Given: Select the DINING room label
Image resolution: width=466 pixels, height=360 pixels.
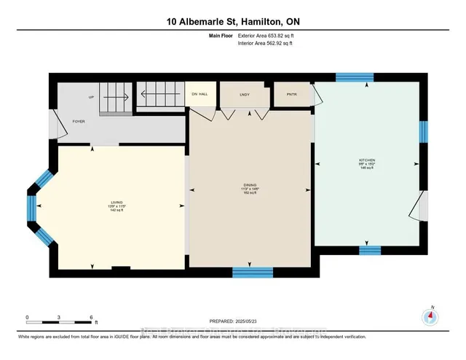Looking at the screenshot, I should point(250,187).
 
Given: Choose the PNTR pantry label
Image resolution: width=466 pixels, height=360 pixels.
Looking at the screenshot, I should point(291,94).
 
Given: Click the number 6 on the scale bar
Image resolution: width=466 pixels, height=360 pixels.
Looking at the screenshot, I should point(91,317).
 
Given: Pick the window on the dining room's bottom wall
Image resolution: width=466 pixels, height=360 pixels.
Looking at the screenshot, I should point(247,273).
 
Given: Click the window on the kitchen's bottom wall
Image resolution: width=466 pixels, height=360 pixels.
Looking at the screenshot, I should point(370,249).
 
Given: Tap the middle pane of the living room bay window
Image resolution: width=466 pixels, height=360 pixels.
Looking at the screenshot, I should point(31,207).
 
